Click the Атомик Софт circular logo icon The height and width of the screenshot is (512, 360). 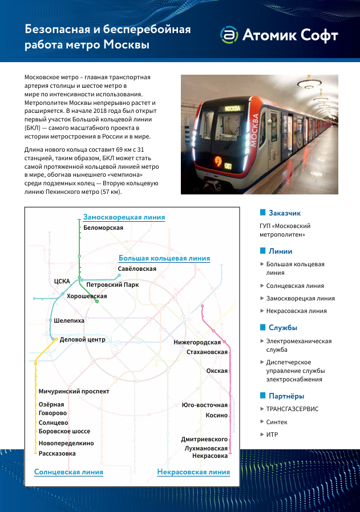229,35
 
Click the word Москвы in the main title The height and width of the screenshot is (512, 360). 126,44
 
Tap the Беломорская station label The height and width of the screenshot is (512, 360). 103,227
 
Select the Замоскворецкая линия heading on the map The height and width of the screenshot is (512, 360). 124,217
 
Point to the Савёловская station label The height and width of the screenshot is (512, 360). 137,268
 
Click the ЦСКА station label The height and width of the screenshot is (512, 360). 62,281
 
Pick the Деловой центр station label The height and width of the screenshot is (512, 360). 82,339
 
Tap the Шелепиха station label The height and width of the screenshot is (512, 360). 69,321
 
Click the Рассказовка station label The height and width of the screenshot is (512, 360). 57,453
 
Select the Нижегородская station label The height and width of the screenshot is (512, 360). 197,342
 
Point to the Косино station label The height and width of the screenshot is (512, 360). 216,416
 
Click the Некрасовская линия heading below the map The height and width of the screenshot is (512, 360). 193,472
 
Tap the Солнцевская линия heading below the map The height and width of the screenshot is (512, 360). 68,472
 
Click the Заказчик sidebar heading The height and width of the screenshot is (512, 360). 284,213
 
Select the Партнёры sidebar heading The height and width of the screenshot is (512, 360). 286,396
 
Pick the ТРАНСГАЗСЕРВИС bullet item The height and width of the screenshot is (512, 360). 292,409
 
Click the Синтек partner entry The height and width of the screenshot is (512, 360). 277,422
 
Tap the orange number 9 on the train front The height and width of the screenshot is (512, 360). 218,161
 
